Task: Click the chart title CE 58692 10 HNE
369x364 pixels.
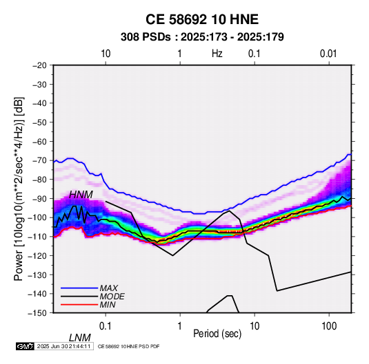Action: tap(202, 19)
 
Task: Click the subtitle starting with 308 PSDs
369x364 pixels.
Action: tap(202, 37)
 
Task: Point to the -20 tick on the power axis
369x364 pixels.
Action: tap(39, 65)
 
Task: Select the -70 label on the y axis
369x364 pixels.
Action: tap(39, 160)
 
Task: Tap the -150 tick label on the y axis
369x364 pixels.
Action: tap(37, 313)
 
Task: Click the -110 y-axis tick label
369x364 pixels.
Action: tap(37, 237)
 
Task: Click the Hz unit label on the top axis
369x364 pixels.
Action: tap(217, 54)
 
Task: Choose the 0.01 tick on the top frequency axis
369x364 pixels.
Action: tap(328, 54)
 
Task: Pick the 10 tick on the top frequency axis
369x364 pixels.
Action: tap(106, 54)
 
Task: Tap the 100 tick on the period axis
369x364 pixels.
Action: tap(329, 326)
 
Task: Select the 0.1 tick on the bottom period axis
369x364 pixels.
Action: tap(106, 326)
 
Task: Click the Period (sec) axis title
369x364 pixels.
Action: tap(217, 334)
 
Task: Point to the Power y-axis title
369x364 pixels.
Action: tap(19, 189)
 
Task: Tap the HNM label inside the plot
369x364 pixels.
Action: tap(81, 195)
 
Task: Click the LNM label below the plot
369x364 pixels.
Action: tap(80, 338)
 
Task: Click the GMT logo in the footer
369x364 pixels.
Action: tap(26, 346)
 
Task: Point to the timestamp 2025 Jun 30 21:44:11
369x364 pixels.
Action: tap(63, 346)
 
